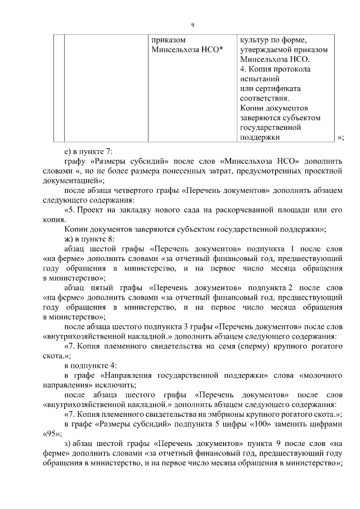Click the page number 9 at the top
[192, 25]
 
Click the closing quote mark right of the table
[339, 137]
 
